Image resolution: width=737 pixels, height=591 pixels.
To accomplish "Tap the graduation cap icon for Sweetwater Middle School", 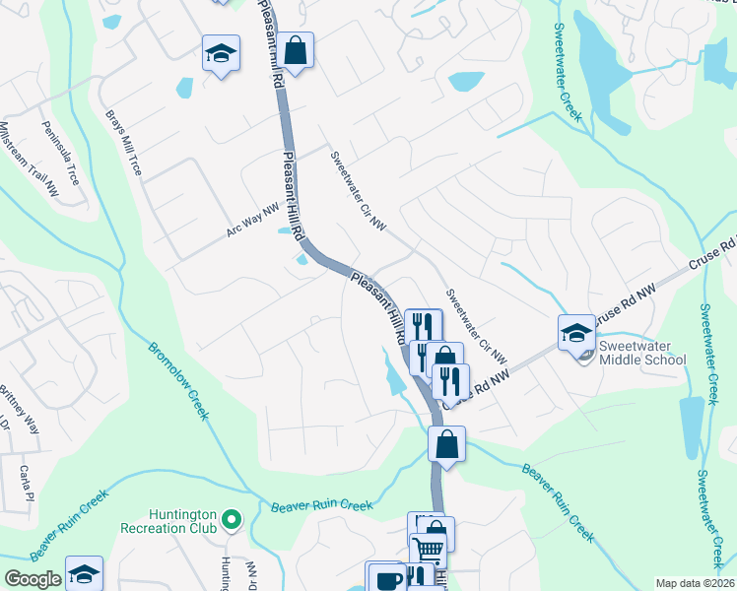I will [x=576, y=332].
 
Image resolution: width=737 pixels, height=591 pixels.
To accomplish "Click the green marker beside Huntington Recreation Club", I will [x=232, y=517].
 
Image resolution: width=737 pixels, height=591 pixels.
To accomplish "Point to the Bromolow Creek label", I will [x=178, y=380].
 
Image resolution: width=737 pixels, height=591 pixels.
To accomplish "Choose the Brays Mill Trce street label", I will [x=124, y=143].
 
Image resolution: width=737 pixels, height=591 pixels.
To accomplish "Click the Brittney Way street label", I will [x=21, y=409].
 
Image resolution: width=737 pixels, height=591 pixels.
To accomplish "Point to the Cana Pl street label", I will [x=25, y=483].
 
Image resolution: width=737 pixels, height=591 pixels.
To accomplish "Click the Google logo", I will [x=33, y=579].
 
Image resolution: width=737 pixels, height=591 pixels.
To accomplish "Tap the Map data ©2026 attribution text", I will [x=695, y=583].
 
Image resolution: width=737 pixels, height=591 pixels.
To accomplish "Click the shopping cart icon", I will [x=428, y=552].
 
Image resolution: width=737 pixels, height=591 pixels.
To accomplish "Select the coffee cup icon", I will [x=384, y=579].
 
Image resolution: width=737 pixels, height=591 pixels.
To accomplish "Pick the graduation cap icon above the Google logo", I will [x=84, y=573].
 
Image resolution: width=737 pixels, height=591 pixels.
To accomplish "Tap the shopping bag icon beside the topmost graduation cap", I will [x=295, y=49].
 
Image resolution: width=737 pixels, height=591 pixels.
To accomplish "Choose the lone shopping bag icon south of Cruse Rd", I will [x=446, y=443].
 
